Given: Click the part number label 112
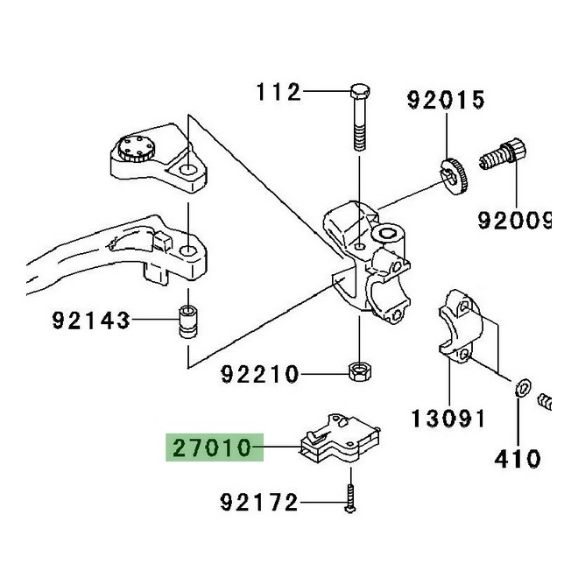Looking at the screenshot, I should pos(278,91).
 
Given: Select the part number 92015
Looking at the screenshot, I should pos(444,101).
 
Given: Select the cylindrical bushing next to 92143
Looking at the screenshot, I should pos(187,320).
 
